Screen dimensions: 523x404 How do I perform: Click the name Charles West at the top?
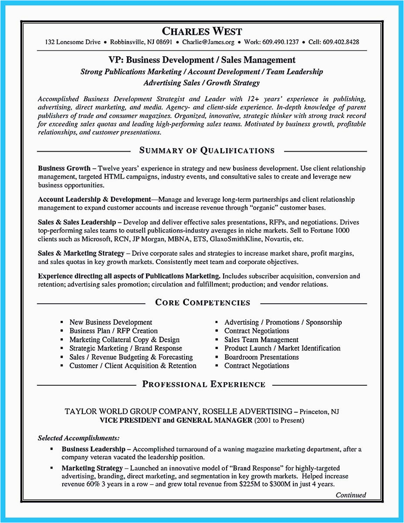202,31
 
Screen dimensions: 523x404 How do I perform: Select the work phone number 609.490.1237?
281,42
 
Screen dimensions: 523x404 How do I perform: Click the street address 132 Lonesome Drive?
72,42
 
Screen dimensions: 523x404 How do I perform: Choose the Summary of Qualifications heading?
207,151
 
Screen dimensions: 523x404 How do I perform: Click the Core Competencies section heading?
203,302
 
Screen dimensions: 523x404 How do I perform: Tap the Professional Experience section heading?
204,384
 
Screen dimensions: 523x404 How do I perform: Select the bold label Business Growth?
64,168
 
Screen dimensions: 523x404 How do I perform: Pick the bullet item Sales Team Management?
261,340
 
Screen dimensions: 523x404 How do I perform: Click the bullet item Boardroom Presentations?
261,357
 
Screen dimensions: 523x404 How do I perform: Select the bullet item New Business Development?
111,323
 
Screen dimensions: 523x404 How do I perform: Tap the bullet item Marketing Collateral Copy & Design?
124,340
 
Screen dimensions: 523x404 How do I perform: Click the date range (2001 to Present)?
279,420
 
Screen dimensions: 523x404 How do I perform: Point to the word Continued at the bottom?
351,495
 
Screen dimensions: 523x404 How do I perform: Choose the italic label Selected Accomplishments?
79,438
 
